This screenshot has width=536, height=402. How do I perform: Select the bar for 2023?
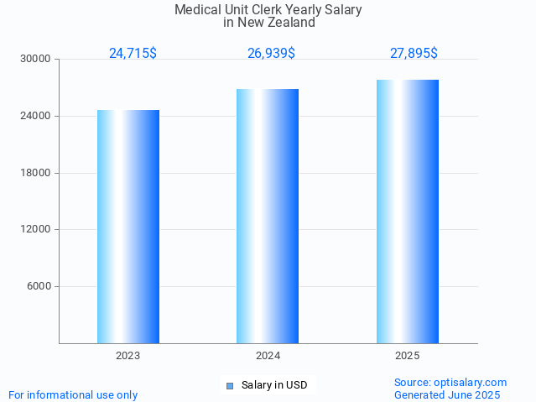coord(128,227)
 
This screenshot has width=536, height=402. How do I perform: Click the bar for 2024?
coord(268,216)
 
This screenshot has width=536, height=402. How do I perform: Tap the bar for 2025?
coord(408,211)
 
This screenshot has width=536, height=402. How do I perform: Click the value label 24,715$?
coord(133,54)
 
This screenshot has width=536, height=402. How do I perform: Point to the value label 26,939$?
coord(271,54)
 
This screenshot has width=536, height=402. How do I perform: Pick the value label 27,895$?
coord(414,54)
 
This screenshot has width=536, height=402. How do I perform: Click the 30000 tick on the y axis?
coord(36,60)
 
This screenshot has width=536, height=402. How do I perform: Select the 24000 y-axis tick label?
coord(36,116)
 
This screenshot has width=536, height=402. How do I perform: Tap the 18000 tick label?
coord(36,173)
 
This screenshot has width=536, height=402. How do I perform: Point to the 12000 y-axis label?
coord(36,229)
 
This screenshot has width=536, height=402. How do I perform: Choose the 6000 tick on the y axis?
coord(39,286)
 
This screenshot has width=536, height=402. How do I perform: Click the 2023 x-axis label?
coord(128,356)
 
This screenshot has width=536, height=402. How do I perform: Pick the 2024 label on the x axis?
coord(268,356)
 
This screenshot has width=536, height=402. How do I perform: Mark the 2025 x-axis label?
coord(408,356)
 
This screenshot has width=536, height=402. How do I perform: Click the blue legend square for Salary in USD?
coord(229,386)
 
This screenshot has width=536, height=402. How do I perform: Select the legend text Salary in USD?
coord(274,386)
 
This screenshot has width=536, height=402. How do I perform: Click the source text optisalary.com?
coord(471,383)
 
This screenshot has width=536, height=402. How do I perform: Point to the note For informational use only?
coord(73,395)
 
